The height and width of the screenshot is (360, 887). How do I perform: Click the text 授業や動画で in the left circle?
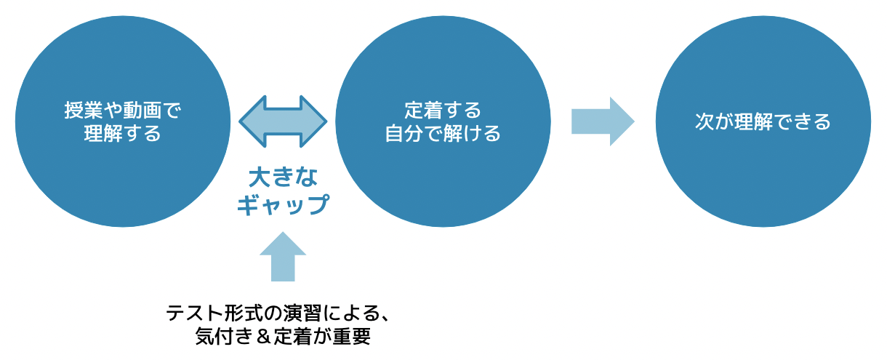point(122,111)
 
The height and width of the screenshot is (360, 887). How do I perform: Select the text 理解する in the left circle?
point(122,134)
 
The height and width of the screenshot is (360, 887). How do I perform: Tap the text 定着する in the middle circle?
point(443,111)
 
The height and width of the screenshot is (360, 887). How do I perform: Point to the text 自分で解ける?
point(443,134)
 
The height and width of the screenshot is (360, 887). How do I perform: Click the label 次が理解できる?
point(763,121)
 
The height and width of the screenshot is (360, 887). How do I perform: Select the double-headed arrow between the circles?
point(284,121)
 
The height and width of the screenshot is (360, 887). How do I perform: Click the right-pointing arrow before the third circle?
point(603,121)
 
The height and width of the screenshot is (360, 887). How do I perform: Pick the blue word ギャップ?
point(283,204)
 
